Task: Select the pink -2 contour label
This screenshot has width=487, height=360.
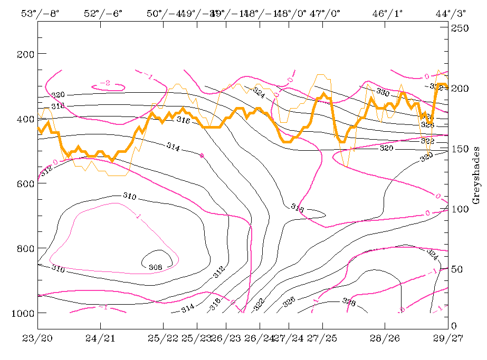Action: pyautogui.click(x=105, y=83)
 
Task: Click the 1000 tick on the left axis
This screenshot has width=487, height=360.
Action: pyautogui.click(x=21, y=313)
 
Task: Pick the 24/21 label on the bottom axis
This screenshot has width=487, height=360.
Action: pyautogui.click(x=100, y=338)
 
